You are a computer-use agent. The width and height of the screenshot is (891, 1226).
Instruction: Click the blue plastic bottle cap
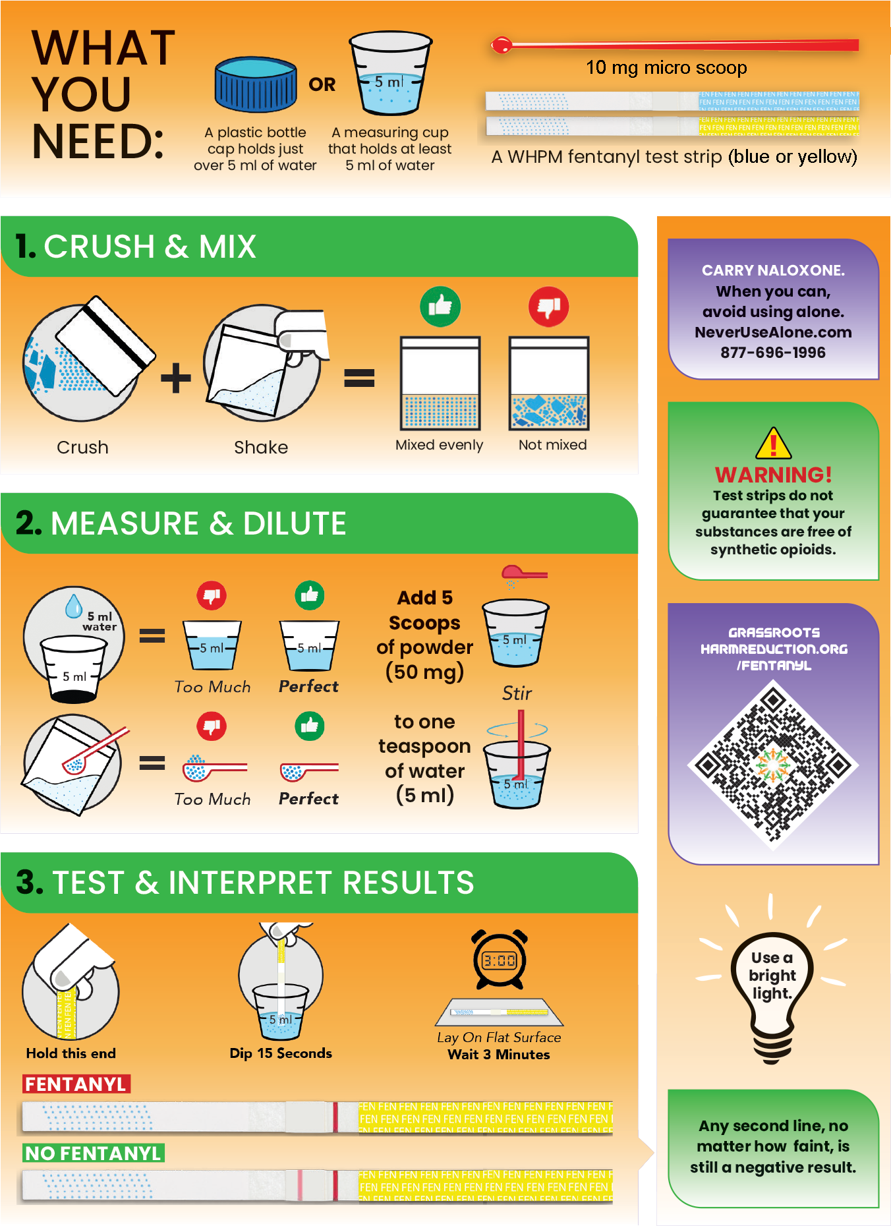[256, 84]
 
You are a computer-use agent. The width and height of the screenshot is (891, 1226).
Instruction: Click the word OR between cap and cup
[322, 84]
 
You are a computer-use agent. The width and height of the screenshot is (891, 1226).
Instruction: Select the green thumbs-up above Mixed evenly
[440, 306]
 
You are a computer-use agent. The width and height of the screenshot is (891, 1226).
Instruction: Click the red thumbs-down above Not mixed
[548, 306]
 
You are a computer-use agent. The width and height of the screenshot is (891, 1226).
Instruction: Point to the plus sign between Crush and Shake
[176, 378]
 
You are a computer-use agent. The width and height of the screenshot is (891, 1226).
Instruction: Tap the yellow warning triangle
[774, 443]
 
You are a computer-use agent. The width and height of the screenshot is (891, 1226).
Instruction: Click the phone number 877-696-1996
[773, 353]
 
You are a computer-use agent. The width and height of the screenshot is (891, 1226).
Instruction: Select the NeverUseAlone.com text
[773, 332]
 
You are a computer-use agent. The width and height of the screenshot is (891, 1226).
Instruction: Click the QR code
[773, 765]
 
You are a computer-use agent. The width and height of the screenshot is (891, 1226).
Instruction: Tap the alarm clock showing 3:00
[500, 960]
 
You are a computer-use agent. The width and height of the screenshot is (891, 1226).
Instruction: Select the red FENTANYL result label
[76, 1084]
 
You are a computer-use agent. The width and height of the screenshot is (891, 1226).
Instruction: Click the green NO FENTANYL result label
[94, 1153]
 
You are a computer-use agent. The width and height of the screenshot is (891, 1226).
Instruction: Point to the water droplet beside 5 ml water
[74, 606]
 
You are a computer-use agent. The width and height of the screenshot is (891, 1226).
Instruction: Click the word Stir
[517, 693]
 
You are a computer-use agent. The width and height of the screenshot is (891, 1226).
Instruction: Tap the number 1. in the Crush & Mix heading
[26, 247]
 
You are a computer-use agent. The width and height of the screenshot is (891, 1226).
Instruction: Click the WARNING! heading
[773, 475]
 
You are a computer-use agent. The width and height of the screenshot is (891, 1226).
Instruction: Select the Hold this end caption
[71, 1053]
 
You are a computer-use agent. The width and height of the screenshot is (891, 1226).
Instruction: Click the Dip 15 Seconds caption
[281, 1053]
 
